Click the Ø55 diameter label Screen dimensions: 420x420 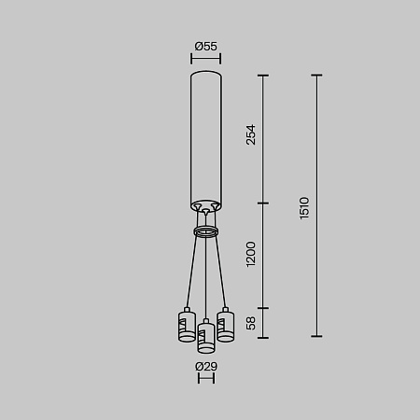[x=205, y=46]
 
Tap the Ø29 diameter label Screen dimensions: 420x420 [x=206, y=367]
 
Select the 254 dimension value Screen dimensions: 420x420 [x=250, y=136]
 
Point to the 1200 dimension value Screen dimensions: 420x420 [x=250, y=254]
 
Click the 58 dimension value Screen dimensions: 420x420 [x=250, y=322]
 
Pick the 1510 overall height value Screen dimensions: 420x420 [x=304, y=207]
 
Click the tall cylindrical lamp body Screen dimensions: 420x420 [x=206, y=131]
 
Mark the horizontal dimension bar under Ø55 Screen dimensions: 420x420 [x=206, y=59]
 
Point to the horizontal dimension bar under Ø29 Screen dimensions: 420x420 [x=206, y=379]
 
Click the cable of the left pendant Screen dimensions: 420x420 [x=192, y=271]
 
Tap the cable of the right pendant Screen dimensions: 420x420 [x=219, y=271]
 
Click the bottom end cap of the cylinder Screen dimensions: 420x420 [x=206, y=205]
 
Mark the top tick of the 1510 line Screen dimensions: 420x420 [x=316, y=76]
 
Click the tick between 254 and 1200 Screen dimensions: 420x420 [x=262, y=203]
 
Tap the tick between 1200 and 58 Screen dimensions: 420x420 [x=262, y=307]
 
